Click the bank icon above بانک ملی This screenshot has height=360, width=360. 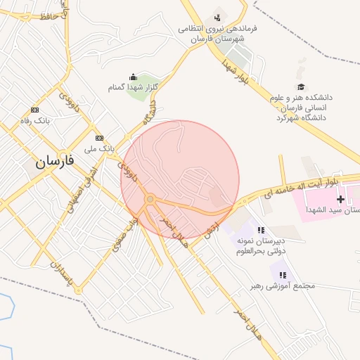tap(99, 138)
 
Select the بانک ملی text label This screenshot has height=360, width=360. tap(99, 148)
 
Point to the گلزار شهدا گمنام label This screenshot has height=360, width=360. tap(133, 87)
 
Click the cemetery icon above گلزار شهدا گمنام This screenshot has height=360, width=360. tap(133, 77)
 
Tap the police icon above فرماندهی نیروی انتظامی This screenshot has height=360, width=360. tap(217, 17)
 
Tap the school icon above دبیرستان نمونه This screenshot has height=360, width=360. tap(261, 230)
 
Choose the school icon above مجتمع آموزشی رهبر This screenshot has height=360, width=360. tap(283, 275)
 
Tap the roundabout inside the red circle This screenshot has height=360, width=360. tap(150, 200)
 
